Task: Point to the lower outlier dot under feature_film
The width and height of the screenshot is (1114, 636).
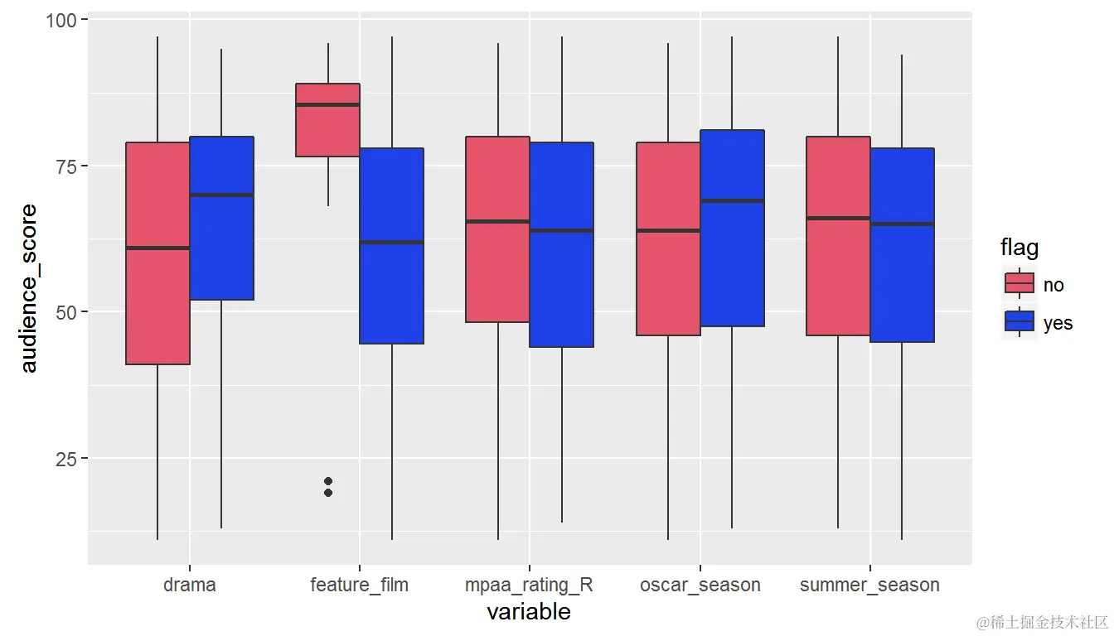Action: click(328, 493)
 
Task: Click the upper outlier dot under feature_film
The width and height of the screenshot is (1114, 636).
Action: click(328, 481)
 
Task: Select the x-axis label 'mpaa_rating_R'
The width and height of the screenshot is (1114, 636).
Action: click(530, 585)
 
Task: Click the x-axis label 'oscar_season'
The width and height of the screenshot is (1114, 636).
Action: click(700, 585)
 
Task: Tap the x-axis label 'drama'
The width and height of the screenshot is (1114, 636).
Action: click(190, 585)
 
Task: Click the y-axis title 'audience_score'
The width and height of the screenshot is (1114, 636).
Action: click(29, 288)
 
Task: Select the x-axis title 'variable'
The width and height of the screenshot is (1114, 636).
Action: click(529, 612)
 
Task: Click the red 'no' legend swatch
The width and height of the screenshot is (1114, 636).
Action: click(1020, 283)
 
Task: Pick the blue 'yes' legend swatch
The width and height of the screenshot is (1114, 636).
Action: click(1020, 322)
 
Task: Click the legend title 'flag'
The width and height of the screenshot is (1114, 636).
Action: click(1020, 247)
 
